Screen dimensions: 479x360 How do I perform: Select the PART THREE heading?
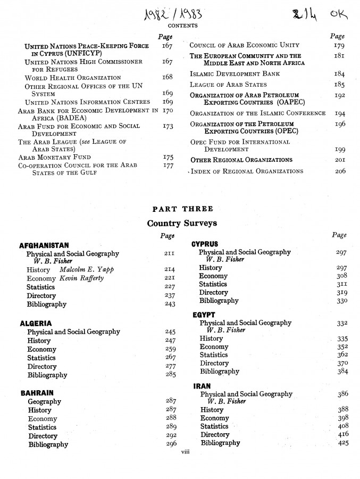click(180, 209)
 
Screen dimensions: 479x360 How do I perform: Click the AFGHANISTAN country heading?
click(44, 245)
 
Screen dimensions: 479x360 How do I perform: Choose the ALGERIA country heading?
click(36, 323)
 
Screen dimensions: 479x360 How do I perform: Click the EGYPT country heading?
click(204, 315)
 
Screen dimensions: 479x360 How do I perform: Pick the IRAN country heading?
click(202, 386)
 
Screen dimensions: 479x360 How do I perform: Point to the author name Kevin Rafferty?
click(81, 278)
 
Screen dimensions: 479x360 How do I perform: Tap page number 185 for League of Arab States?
click(340, 84)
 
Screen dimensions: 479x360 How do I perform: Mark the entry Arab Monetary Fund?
click(54, 157)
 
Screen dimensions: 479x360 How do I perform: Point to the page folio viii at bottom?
click(185, 451)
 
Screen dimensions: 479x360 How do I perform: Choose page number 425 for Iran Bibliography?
click(343, 443)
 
